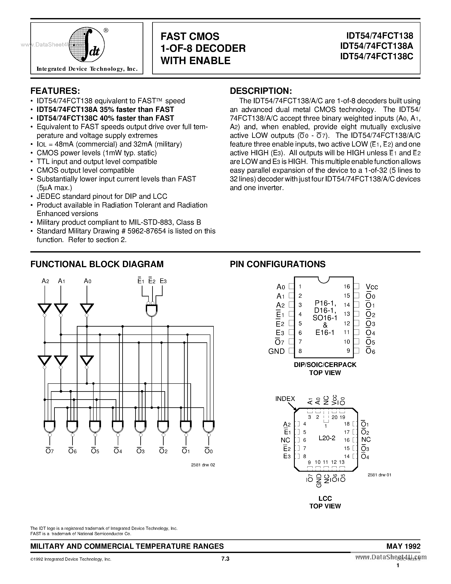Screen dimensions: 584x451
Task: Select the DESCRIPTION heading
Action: click(x=261, y=91)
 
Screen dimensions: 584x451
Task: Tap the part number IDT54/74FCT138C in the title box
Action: click(x=377, y=56)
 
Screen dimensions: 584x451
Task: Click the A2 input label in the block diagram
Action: click(x=45, y=281)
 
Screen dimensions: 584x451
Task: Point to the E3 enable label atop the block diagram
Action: click(x=163, y=281)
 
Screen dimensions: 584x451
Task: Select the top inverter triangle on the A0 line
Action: click(x=87, y=308)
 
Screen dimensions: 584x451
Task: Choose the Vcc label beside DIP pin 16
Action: click(x=372, y=287)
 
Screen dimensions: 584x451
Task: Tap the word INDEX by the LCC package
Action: click(x=285, y=399)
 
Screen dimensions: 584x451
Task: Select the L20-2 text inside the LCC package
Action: click(x=327, y=438)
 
